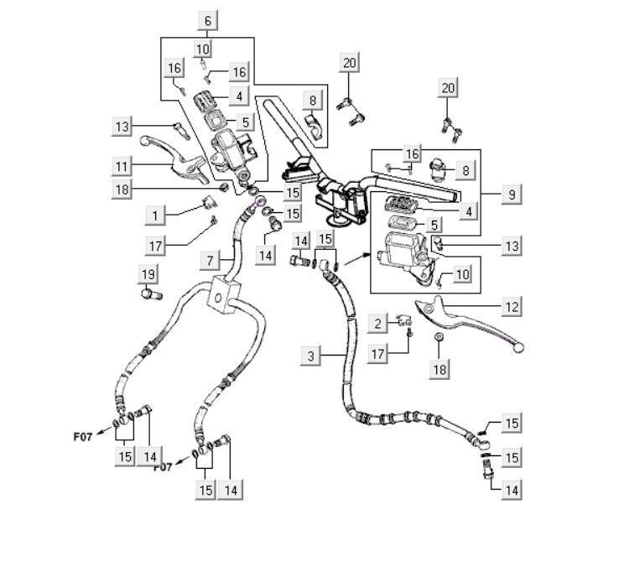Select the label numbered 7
click(x=211, y=262)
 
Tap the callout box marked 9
click(x=511, y=194)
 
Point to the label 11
click(x=124, y=164)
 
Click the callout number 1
click(x=154, y=216)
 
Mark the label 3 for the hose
click(x=311, y=356)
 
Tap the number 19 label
click(x=148, y=274)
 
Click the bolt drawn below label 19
click(x=150, y=294)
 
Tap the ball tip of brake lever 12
click(x=519, y=345)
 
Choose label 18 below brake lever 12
click(x=440, y=367)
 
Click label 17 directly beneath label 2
click(x=378, y=355)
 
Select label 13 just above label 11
click(x=124, y=126)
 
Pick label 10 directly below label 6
click(x=203, y=49)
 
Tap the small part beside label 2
click(x=405, y=318)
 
